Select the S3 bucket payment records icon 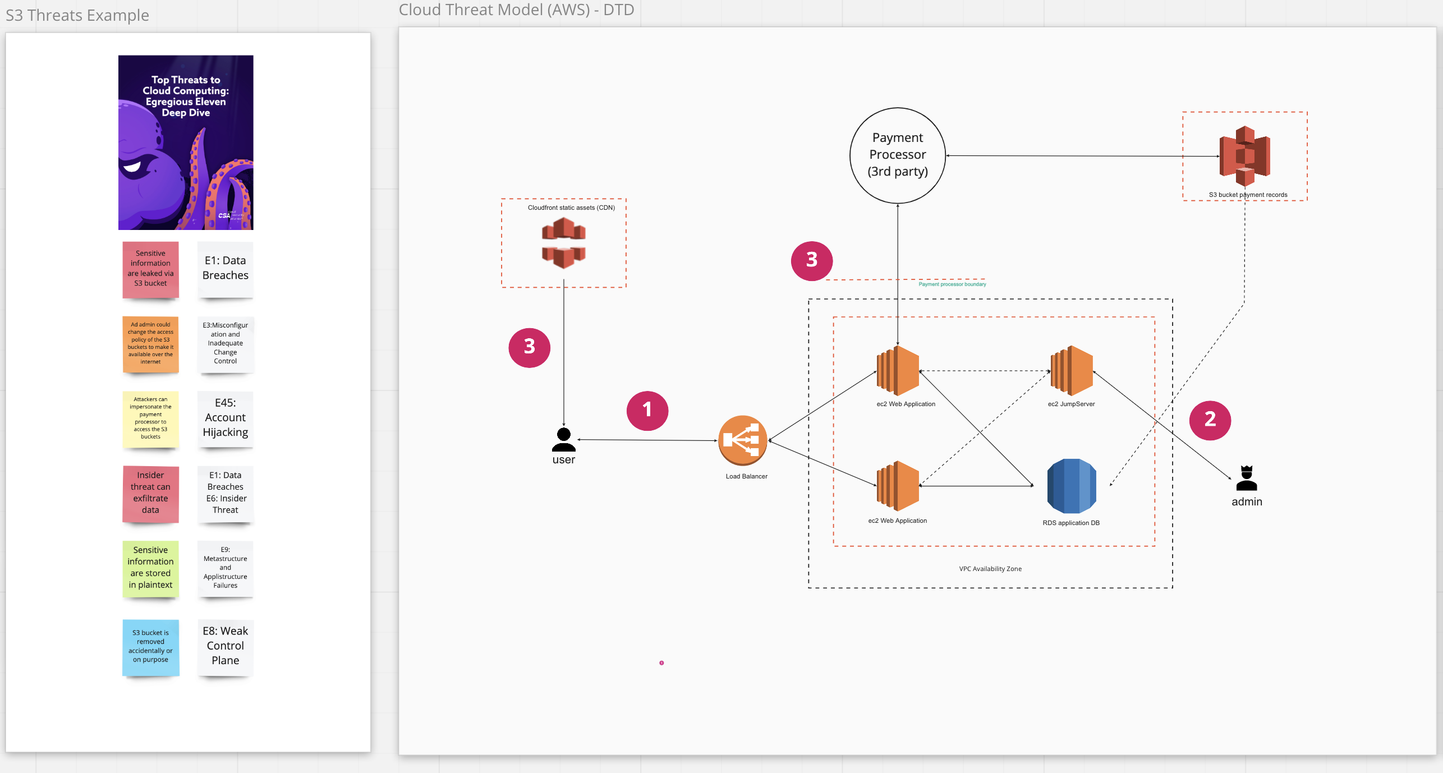(x=1245, y=156)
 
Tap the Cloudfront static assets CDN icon (x=564, y=243)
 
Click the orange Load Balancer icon (x=743, y=440)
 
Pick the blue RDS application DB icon (x=1072, y=486)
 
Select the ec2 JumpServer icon (x=1072, y=371)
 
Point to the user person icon (x=564, y=440)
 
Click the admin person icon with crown (x=1247, y=478)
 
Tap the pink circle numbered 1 (x=647, y=411)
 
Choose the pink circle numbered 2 (x=1210, y=420)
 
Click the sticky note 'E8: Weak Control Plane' (x=226, y=647)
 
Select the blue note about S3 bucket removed (x=150, y=647)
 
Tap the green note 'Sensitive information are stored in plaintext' (x=150, y=568)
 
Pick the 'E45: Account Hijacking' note (x=226, y=418)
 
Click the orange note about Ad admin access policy (x=150, y=344)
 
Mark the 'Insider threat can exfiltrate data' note (x=150, y=494)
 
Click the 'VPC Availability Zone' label (x=990, y=569)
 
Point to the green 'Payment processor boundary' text (x=952, y=284)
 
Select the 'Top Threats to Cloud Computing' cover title (x=186, y=96)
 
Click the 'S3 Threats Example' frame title (x=77, y=15)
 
